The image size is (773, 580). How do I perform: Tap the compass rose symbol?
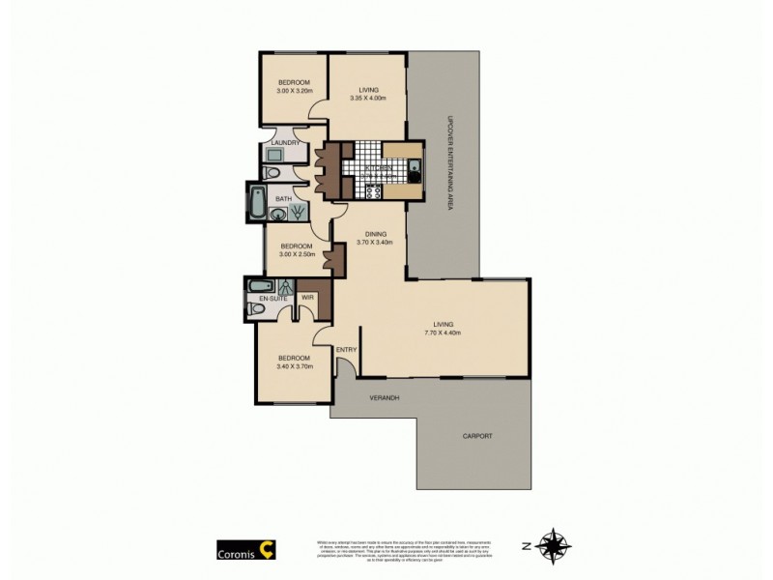[x=553, y=546]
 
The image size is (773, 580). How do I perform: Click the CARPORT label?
[x=477, y=436]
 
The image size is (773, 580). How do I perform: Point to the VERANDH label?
[x=385, y=398]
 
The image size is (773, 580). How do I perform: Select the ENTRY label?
[x=346, y=349]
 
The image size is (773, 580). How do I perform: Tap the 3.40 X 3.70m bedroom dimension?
[x=295, y=366]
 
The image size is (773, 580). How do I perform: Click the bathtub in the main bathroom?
[x=258, y=199]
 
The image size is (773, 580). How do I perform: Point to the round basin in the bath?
[x=277, y=216]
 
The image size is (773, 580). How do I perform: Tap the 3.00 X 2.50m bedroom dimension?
[x=298, y=253]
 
